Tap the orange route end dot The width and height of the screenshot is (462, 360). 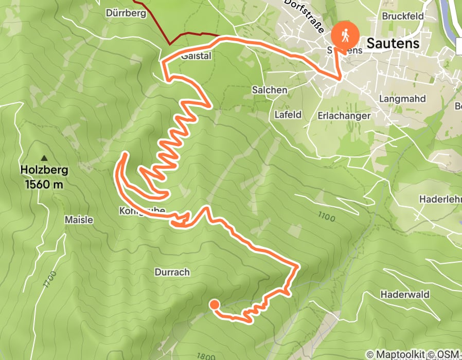point(215,305)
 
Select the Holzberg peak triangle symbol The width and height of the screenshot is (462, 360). point(44,158)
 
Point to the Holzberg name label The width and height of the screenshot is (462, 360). point(44,170)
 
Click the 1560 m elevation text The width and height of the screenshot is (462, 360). point(44,184)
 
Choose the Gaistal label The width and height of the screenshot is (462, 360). point(196,56)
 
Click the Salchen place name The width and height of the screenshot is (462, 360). point(269,89)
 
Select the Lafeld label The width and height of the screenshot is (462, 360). point(288,115)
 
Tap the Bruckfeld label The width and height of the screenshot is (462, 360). point(402,16)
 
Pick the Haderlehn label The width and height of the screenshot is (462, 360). point(440,199)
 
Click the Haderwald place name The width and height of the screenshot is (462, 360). point(405,295)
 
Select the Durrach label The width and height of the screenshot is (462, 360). point(172,272)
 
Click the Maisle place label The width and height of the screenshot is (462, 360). point(79,220)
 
